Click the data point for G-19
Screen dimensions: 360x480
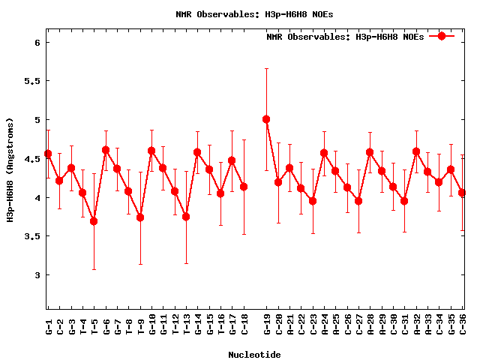[x=266, y=119]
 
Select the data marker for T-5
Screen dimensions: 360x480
[x=94, y=221]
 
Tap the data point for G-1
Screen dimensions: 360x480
[x=48, y=154]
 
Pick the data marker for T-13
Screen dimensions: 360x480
[x=186, y=217]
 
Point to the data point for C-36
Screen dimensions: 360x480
[x=463, y=193]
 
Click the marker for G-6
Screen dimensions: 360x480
[x=106, y=150]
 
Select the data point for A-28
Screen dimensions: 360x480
[x=370, y=152]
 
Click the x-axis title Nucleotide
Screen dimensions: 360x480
[x=255, y=355]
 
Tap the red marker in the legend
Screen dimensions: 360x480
[x=442, y=36]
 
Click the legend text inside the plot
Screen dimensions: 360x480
[x=345, y=36]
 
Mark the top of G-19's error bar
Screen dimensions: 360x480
[x=266, y=68]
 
